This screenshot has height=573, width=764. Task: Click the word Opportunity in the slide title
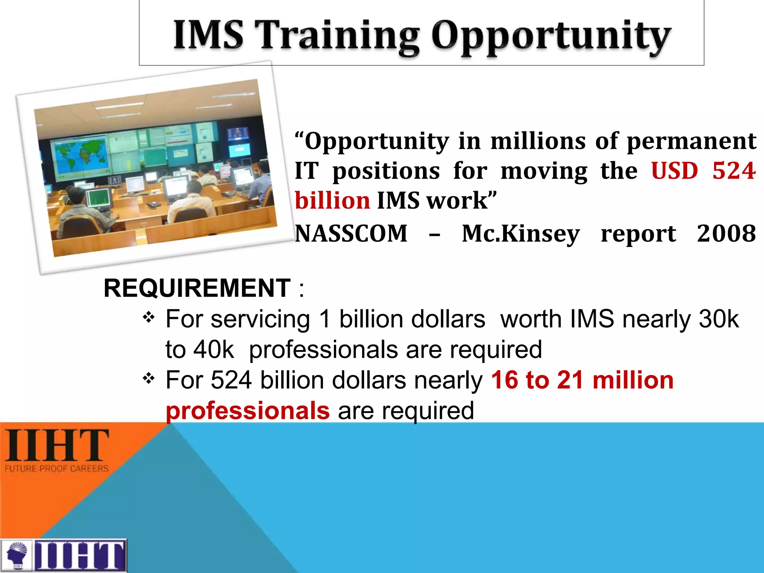tap(551, 37)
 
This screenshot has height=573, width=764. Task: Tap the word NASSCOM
tap(351, 234)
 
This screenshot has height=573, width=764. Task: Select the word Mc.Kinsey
tap(521, 234)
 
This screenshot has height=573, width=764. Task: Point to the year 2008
tap(726, 234)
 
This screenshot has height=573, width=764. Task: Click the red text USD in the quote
tap(674, 171)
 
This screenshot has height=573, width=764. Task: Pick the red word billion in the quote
tap(332, 201)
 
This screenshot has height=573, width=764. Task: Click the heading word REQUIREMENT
tap(197, 288)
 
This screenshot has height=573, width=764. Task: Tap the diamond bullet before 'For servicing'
tap(148, 317)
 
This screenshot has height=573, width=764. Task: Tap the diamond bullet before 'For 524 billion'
tap(148, 378)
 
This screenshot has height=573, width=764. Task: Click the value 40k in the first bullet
tap(213, 350)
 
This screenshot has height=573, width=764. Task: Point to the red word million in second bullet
tap(633, 380)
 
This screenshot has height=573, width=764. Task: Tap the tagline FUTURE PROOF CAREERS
tap(57, 469)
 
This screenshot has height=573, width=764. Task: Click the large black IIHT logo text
tap(57, 445)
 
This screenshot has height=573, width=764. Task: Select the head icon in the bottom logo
tap(17, 555)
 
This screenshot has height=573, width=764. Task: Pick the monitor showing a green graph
tap(99, 200)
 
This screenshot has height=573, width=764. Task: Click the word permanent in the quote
tap(691, 141)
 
